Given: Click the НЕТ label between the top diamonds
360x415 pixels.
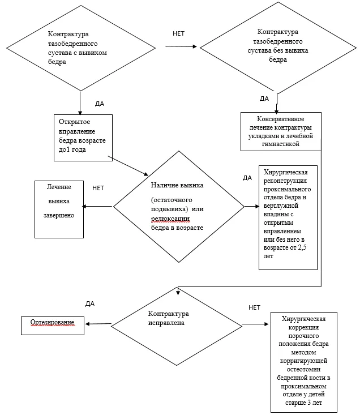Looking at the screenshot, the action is (178, 33).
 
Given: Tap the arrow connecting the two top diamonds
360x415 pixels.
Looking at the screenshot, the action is (181, 46).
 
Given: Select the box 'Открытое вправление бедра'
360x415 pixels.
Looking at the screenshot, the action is (83, 138).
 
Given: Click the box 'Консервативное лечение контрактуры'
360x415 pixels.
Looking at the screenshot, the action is (281, 131).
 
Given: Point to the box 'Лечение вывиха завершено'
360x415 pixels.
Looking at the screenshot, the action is (59, 209).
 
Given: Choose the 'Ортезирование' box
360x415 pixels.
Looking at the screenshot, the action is (53, 326).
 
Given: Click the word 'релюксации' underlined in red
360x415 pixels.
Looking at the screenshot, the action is (170, 219).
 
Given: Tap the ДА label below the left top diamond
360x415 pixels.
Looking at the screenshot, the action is (100, 104).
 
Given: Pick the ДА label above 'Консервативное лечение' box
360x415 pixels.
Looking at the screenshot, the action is (264, 99).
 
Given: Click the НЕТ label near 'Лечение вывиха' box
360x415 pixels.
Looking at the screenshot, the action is (98, 188).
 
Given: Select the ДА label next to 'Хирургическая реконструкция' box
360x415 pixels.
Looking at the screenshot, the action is (247, 178).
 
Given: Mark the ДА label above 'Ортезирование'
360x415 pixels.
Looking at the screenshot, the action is (90, 303).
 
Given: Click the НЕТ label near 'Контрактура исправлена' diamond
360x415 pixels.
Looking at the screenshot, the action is (254, 307).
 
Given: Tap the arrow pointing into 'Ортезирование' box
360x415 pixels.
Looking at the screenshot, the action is (98, 324).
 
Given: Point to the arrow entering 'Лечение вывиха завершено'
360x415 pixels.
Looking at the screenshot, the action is (97, 207).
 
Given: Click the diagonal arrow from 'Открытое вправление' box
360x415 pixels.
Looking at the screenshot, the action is (128, 166).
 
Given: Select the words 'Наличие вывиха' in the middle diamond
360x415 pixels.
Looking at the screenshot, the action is (177, 185).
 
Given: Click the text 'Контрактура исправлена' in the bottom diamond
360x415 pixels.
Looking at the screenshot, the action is (168, 318).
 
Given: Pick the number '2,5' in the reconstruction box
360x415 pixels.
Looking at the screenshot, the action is (302, 248).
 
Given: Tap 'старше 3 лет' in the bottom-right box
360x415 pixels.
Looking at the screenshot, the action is (303, 403).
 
